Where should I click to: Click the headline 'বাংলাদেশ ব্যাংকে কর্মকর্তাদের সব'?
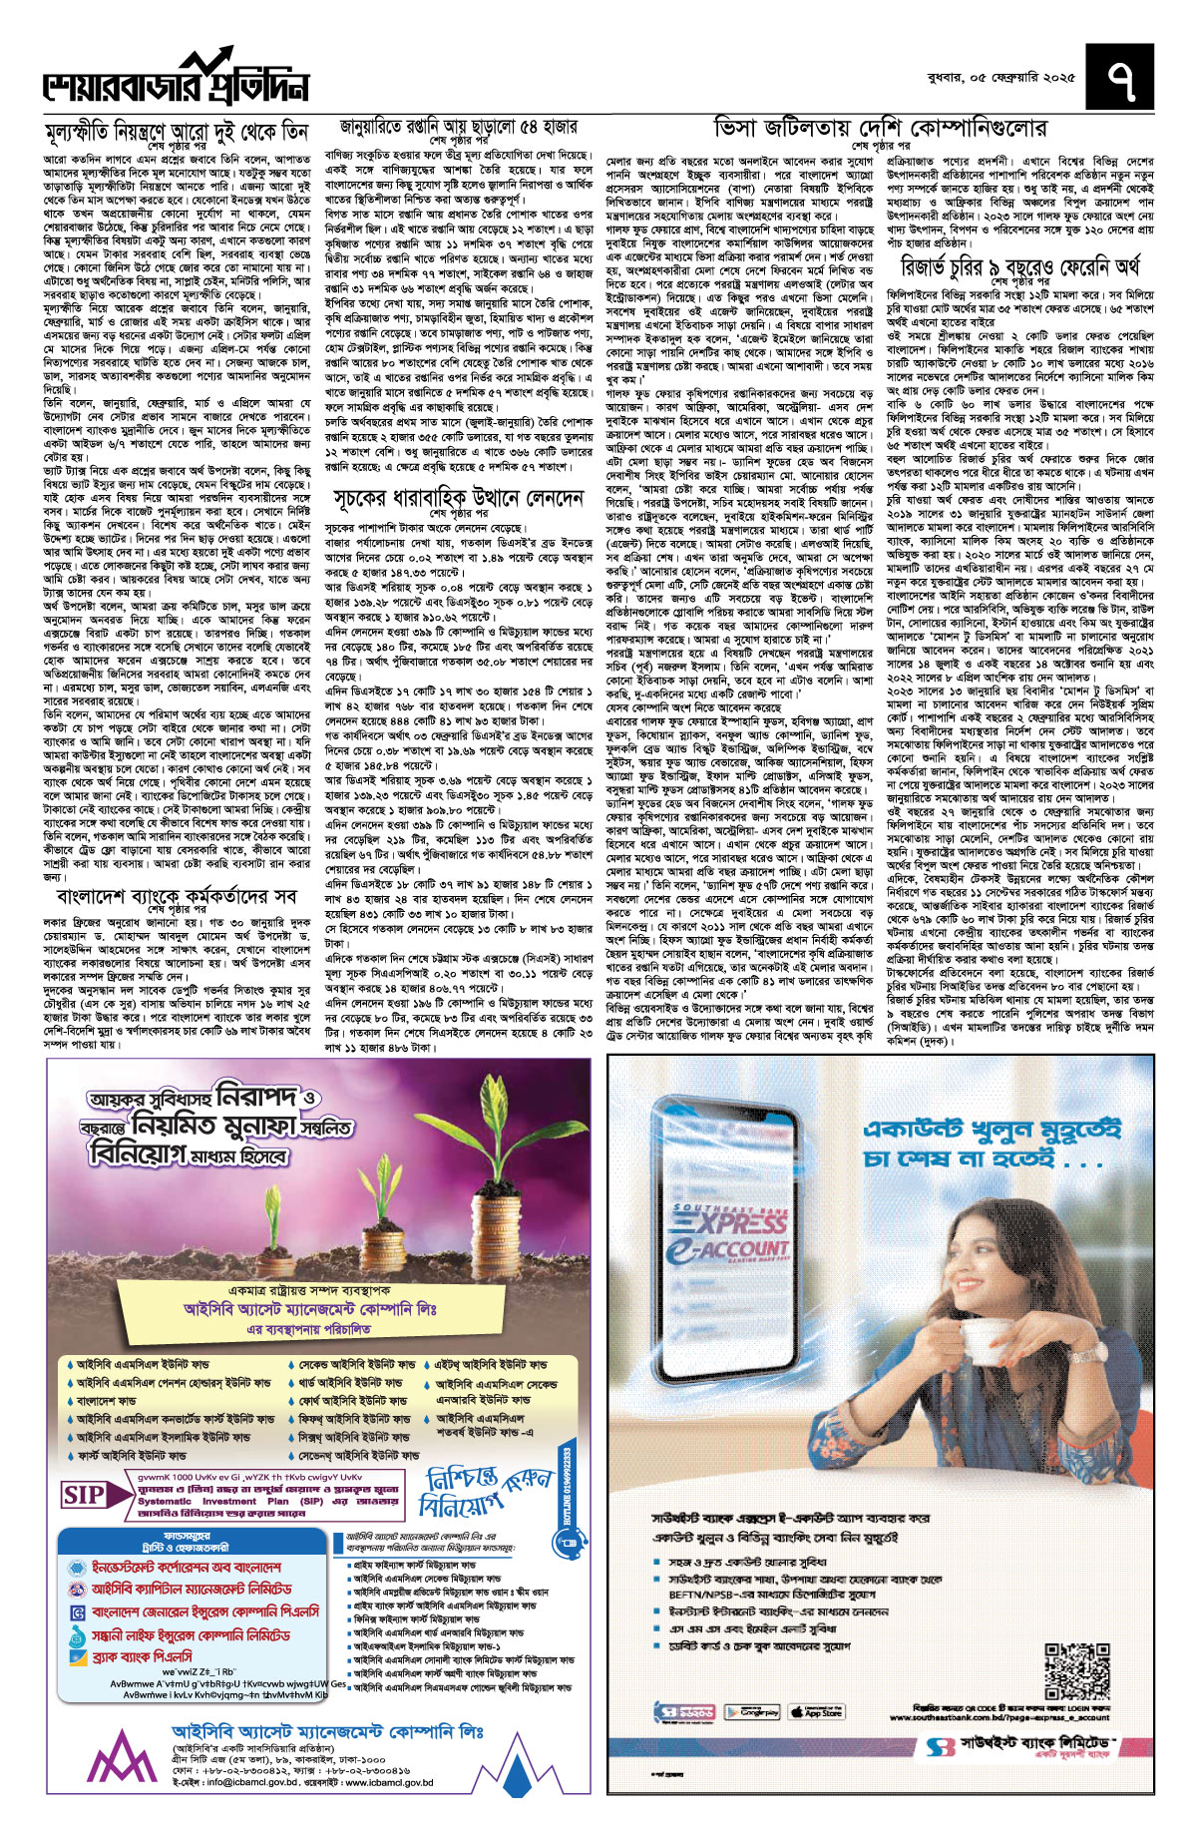point(177,897)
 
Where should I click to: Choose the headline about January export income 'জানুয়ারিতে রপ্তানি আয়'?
point(458,128)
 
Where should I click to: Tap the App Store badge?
point(815,1712)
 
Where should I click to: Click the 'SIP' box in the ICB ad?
point(84,1495)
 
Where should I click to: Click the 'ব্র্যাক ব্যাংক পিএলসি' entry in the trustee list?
point(142,1657)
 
